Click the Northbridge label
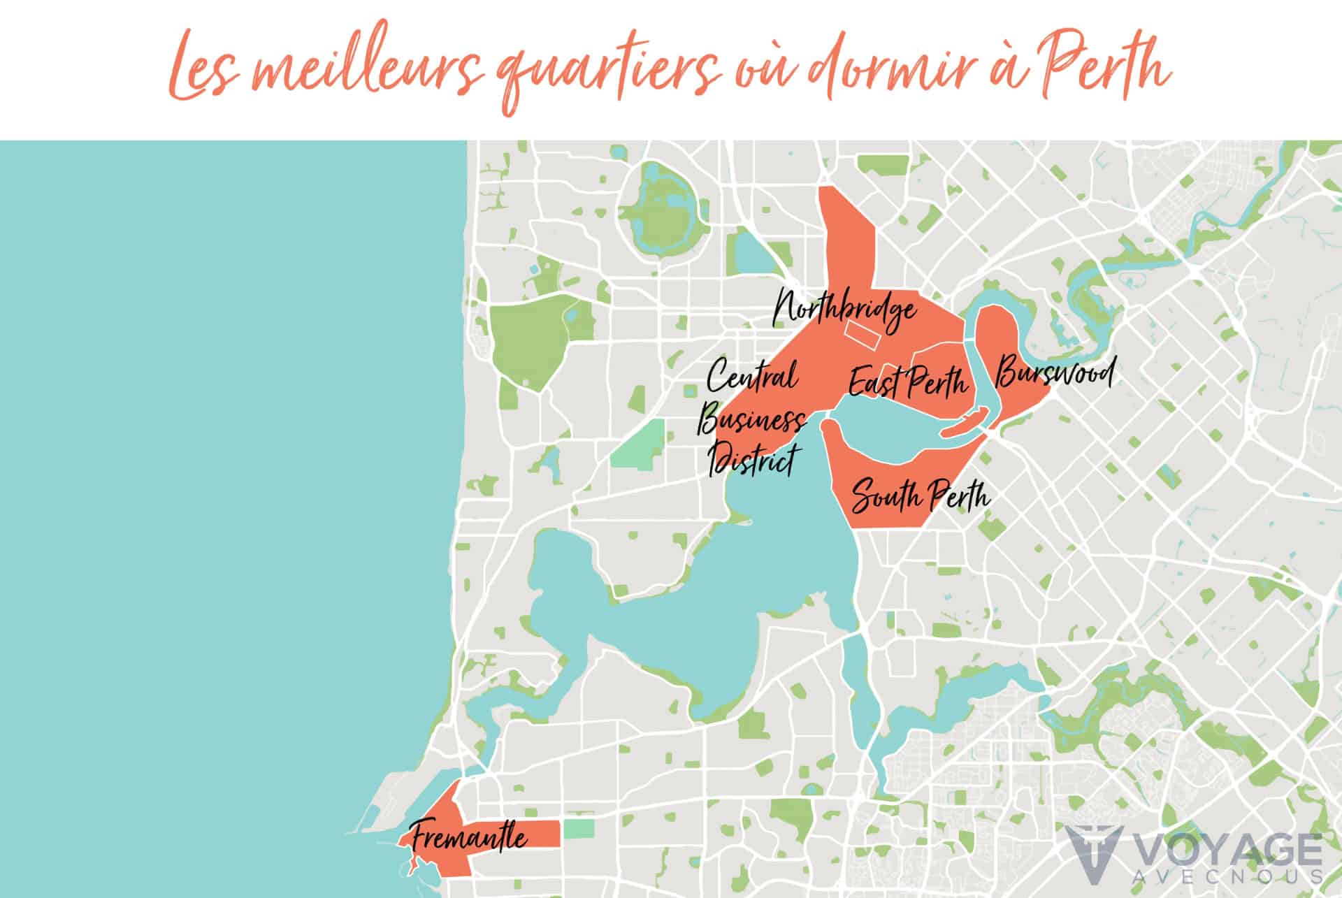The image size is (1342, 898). pyautogui.click(x=844, y=311)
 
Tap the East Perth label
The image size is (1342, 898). pyautogui.click(x=908, y=382)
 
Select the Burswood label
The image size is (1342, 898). pyautogui.click(x=1053, y=373)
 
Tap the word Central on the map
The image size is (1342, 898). pyautogui.click(x=752, y=378)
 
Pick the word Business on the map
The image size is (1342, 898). pyautogui.click(x=752, y=421)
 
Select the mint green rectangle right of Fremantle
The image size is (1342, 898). pyautogui.click(x=577, y=829)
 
